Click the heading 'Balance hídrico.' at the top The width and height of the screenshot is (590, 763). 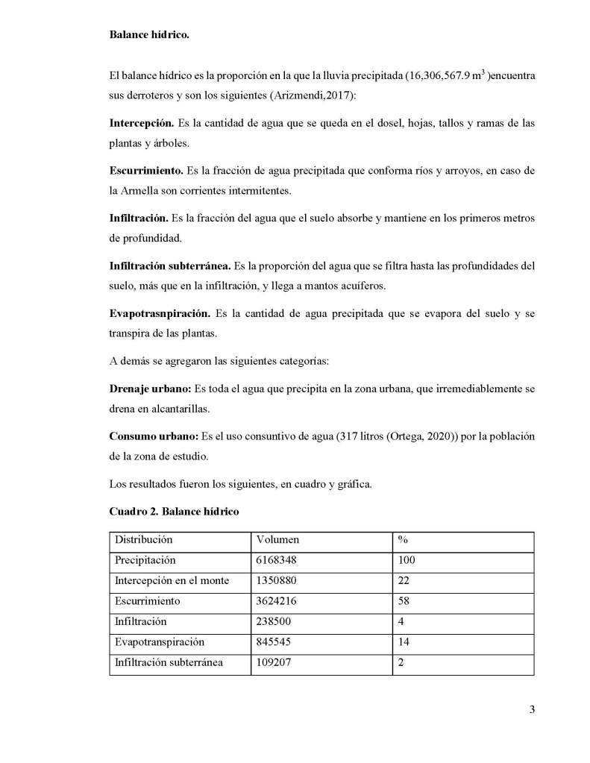pyautogui.click(x=151, y=34)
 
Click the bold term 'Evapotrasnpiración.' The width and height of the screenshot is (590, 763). pyautogui.click(x=160, y=314)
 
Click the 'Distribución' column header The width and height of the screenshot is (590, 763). pyautogui.click(x=144, y=539)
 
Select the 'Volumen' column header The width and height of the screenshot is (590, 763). pyautogui.click(x=277, y=539)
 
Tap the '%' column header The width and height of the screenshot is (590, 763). pyautogui.click(x=403, y=539)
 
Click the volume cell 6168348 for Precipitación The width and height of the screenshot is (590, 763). pyautogui.click(x=281, y=559)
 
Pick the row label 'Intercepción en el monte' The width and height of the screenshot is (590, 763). pyautogui.click(x=172, y=580)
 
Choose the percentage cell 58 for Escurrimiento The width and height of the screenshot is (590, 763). pyautogui.click(x=405, y=600)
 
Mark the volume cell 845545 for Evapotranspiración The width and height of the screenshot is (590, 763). pyautogui.click(x=278, y=641)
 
